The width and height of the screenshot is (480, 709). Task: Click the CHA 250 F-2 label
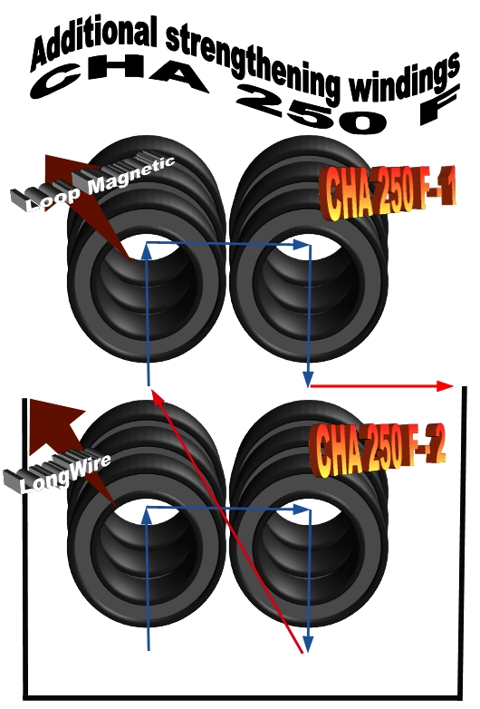378,450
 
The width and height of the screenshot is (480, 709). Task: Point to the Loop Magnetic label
93,182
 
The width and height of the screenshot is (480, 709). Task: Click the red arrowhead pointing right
445,385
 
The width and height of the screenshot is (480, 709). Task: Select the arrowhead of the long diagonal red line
156,398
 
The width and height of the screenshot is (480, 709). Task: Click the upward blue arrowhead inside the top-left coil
147,252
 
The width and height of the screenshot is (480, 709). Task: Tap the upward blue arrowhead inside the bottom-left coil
147,517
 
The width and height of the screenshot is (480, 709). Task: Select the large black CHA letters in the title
120,79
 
